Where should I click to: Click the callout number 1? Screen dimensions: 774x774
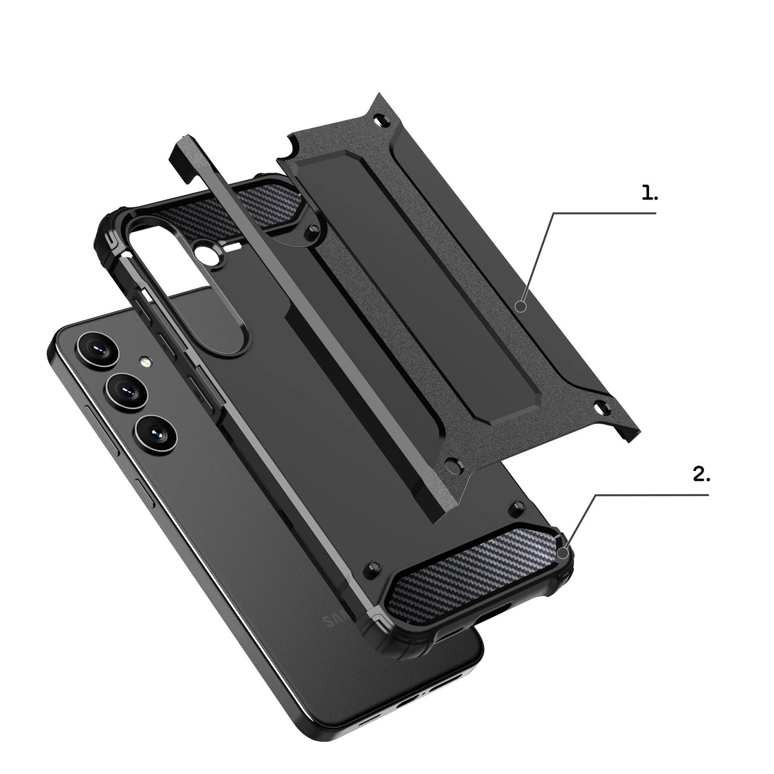click(x=649, y=193)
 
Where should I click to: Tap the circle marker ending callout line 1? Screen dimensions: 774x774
click(x=522, y=307)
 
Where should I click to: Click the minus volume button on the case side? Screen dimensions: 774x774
click(x=167, y=347)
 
